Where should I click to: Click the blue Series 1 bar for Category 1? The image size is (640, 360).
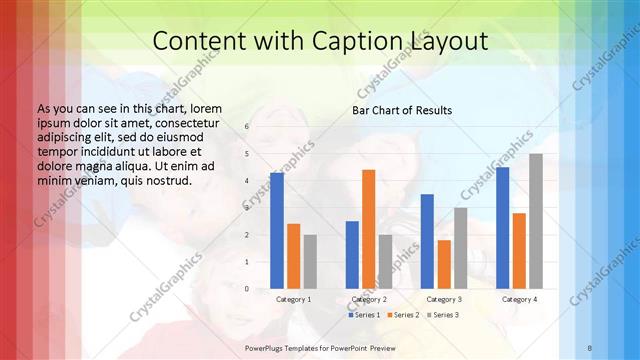click(277, 231)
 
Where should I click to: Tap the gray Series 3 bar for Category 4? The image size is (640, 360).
click(536, 221)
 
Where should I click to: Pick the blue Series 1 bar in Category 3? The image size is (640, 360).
click(427, 241)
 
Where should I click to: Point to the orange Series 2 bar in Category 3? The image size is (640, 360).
click(444, 264)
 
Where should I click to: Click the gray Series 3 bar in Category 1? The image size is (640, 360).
click(310, 261)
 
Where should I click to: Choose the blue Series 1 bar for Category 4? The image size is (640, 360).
click(502, 227)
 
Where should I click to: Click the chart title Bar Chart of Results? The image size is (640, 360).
click(402, 110)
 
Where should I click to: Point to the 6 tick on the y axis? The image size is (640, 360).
click(248, 127)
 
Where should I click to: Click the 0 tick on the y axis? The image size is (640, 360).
click(248, 289)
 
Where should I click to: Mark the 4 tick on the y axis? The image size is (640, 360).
click(248, 181)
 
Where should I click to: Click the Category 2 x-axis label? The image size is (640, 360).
click(369, 299)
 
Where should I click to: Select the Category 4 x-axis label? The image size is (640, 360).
click(519, 299)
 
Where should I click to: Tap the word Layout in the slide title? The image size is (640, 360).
click(448, 41)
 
